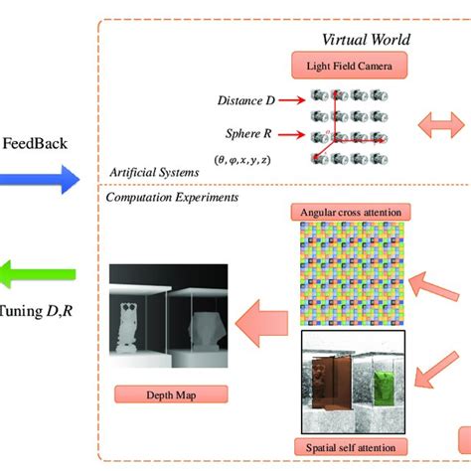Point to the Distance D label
click(x=246, y=100)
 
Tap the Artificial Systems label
click(x=153, y=172)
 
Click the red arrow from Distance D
click(x=290, y=99)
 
